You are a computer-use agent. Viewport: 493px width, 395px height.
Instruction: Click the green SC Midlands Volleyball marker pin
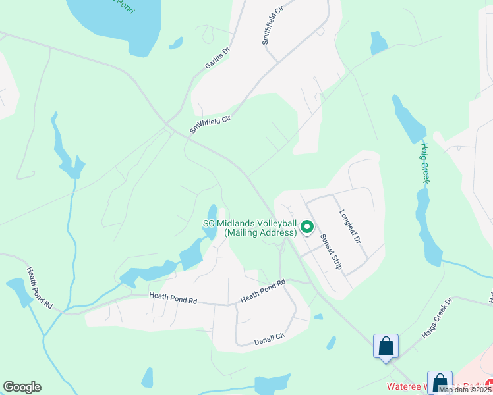(306, 227)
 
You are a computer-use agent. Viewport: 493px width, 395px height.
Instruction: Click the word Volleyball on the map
(269, 223)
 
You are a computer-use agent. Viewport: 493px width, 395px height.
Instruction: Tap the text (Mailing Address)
(260, 232)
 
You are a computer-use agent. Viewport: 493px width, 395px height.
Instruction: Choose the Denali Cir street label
(270, 338)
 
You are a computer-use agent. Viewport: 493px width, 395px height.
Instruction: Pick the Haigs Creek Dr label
(436, 319)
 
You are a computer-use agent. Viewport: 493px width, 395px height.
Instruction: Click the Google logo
(22, 387)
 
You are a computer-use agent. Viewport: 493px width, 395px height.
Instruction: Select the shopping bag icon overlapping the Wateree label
(440, 383)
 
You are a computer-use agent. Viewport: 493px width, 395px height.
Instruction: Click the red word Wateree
(405, 386)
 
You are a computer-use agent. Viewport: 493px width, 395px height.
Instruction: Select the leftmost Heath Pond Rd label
(39, 288)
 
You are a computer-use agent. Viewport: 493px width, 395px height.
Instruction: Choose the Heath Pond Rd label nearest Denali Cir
(262, 291)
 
